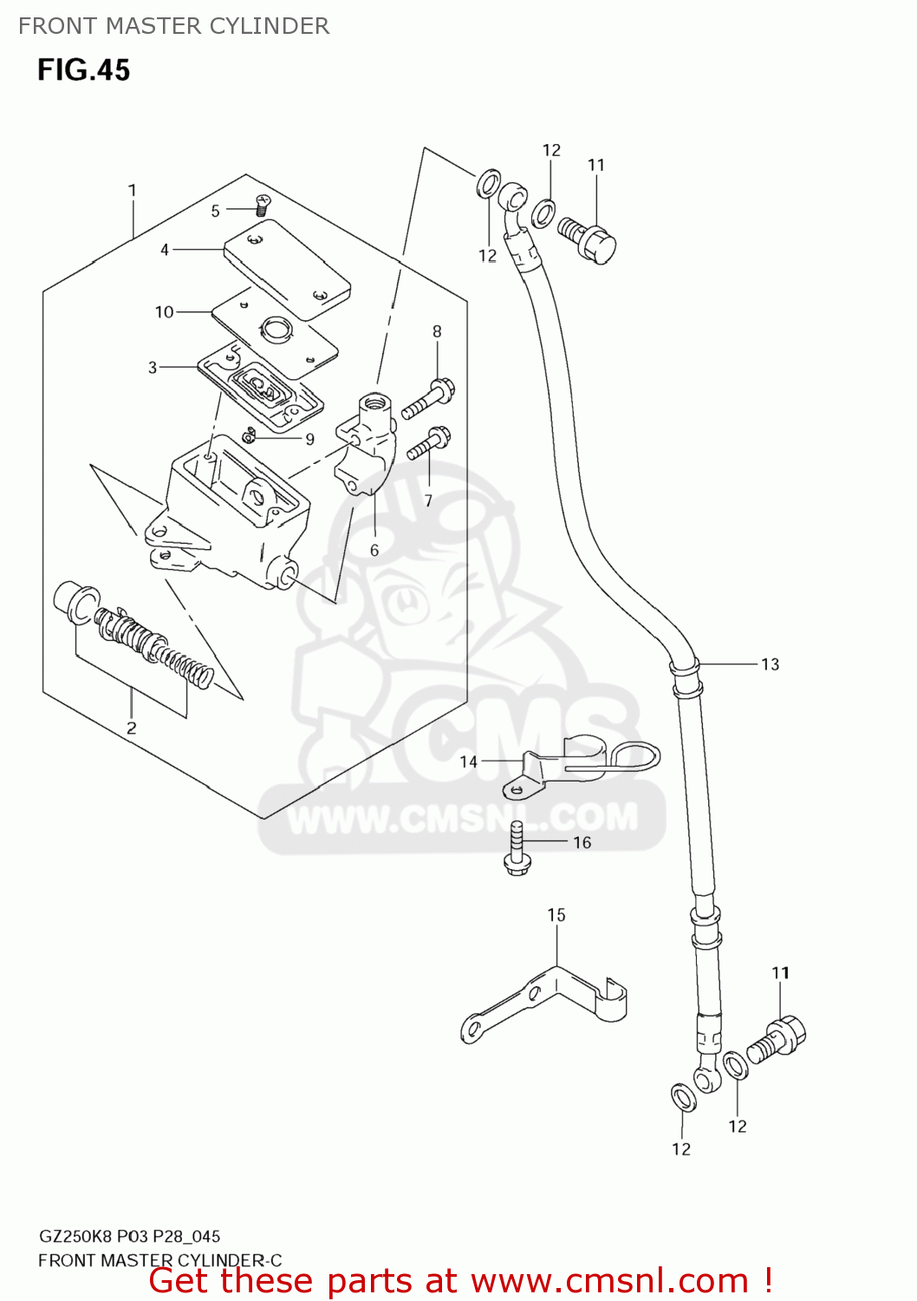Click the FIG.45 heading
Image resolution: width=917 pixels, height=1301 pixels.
(83, 69)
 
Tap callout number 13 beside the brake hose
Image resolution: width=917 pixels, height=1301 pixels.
(770, 664)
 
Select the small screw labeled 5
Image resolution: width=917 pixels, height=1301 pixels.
(262, 206)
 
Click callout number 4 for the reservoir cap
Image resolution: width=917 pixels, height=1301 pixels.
(165, 250)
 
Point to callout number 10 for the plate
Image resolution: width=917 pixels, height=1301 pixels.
(165, 312)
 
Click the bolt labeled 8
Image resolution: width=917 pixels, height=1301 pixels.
(429, 398)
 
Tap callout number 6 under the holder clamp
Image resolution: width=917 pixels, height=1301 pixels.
(374, 550)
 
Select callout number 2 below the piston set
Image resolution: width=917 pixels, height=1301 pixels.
(132, 728)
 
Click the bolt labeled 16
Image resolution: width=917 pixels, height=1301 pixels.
(517, 850)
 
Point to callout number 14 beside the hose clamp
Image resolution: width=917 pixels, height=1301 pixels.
(468, 762)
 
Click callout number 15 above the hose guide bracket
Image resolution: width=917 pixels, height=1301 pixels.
(556, 915)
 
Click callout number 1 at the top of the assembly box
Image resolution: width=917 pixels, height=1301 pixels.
(133, 190)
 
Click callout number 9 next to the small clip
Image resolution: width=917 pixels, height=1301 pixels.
(309, 439)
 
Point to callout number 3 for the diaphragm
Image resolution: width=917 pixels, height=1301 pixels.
(153, 368)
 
